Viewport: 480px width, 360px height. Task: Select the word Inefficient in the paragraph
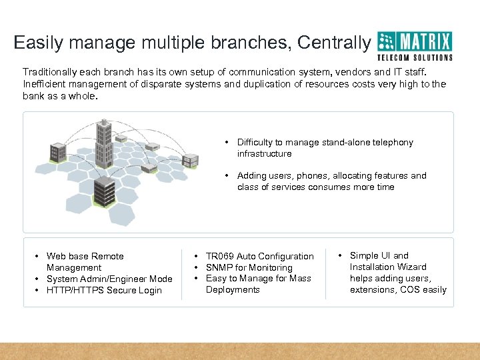(45, 84)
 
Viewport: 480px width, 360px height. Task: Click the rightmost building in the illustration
(191, 160)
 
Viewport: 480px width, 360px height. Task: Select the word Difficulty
(258, 143)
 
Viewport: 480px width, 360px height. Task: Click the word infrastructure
(265, 154)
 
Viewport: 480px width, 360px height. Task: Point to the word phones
(317, 176)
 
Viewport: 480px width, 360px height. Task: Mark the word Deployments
(233, 290)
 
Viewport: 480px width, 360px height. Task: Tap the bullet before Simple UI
(341, 255)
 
